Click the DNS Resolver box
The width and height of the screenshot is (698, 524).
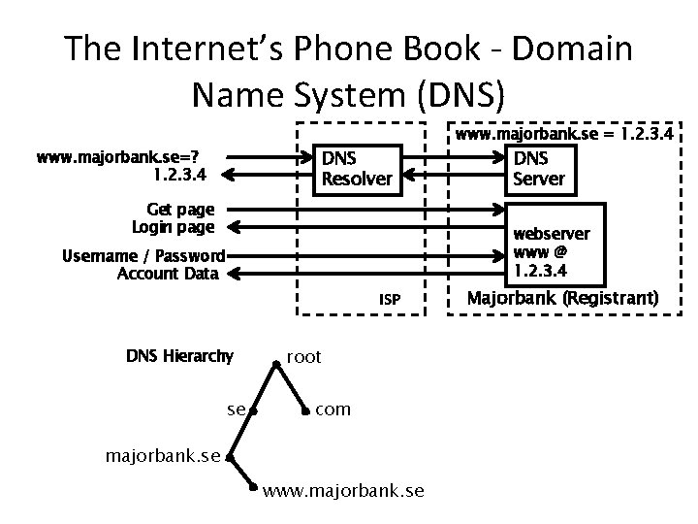pyautogui.click(x=357, y=169)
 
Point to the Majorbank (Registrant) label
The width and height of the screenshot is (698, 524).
pyautogui.click(x=562, y=298)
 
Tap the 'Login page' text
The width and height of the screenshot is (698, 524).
pyautogui.click(x=173, y=227)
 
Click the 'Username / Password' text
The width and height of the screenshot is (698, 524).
pyautogui.click(x=143, y=256)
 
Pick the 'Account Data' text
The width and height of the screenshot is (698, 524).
pyautogui.click(x=167, y=275)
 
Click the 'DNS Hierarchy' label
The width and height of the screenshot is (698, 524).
pyautogui.click(x=179, y=356)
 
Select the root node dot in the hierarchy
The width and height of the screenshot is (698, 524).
pyautogui.click(x=277, y=361)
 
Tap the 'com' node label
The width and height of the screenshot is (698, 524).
pyautogui.click(x=333, y=409)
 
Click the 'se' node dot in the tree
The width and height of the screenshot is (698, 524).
pyautogui.click(x=250, y=411)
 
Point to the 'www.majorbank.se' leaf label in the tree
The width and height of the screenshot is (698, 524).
pyautogui.click(x=343, y=492)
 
